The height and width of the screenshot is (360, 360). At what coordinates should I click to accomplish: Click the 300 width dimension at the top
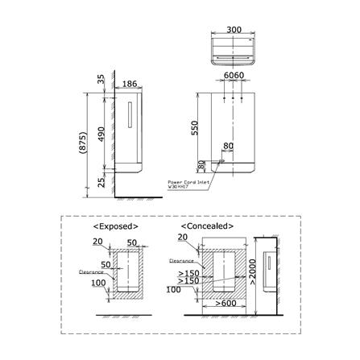click(x=234, y=30)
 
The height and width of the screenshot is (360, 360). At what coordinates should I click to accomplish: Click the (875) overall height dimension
click(x=81, y=143)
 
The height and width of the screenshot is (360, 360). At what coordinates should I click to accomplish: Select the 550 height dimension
click(x=194, y=128)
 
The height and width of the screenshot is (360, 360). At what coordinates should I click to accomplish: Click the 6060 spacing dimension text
click(x=233, y=74)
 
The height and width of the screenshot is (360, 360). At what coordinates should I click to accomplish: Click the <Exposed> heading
click(x=122, y=226)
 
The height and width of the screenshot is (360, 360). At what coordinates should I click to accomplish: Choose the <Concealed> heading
click(x=207, y=226)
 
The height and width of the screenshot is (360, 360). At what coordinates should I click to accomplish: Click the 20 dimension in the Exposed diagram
click(x=97, y=241)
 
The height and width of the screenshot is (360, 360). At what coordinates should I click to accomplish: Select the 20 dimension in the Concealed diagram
click(x=182, y=238)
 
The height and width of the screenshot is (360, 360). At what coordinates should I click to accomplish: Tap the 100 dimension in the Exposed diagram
click(x=98, y=283)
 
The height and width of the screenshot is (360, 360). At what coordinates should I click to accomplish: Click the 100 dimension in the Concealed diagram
click(x=172, y=288)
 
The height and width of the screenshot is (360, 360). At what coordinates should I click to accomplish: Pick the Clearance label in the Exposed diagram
click(x=89, y=271)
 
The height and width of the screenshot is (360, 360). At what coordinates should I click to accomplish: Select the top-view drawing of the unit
click(x=234, y=50)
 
